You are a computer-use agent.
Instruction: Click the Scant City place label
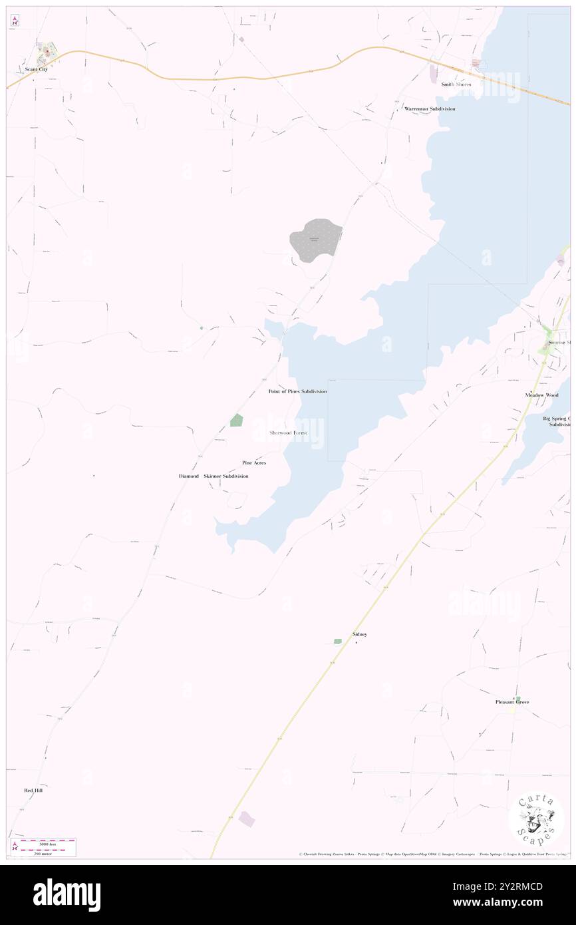pos(36,69)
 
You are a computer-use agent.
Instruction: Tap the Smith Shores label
pos(456,85)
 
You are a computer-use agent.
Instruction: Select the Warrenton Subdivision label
pos(430,108)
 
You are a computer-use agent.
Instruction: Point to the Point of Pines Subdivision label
pos(297,391)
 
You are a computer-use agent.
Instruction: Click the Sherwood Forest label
pos(288,433)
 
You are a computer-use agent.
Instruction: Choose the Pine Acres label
pos(254,462)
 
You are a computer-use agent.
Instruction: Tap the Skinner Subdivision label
pos(226,476)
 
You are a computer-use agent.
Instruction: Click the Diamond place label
pos(188,476)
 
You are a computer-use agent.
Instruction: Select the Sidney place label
pos(359,635)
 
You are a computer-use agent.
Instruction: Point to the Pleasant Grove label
pos(512,702)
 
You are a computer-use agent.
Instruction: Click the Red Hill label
pos(33,791)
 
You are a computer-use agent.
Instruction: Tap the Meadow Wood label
pos(541,395)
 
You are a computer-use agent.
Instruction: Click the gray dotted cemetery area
pos(315,240)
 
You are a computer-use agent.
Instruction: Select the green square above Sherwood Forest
pos(236,420)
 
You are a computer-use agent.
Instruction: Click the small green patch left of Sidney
pos(337,642)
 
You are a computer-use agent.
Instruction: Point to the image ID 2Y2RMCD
pos(522,886)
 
